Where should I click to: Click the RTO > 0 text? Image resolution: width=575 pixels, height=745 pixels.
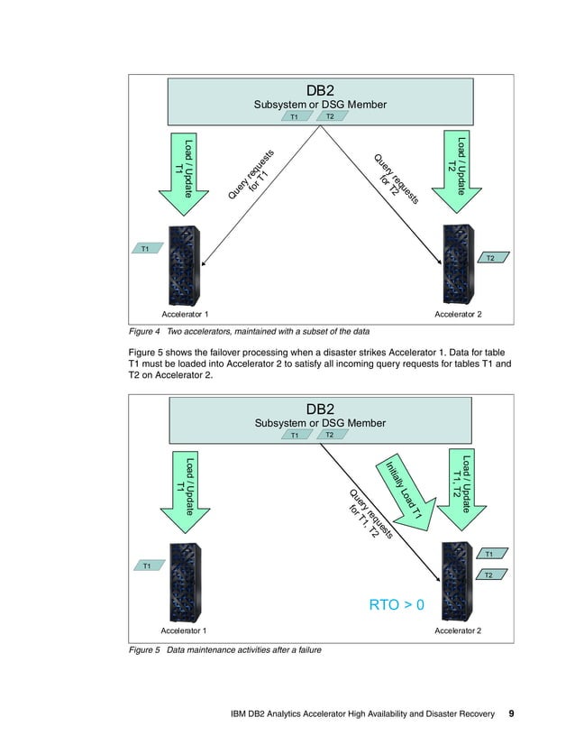[397, 604]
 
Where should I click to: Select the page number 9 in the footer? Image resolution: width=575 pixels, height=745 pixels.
[511, 713]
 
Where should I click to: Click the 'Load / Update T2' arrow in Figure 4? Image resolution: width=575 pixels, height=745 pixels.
[459, 171]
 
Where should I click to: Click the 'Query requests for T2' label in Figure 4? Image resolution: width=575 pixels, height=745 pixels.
[397, 180]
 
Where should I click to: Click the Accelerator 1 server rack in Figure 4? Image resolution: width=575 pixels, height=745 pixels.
[184, 266]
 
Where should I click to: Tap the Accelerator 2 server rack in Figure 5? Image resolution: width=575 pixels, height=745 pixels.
[460, 584]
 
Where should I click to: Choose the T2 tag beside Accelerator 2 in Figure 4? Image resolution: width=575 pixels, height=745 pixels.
[490, 258]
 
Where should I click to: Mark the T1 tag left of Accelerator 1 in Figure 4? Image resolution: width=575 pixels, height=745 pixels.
[144, 248]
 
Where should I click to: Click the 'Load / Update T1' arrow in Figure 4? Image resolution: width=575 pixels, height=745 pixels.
[184, 171]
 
